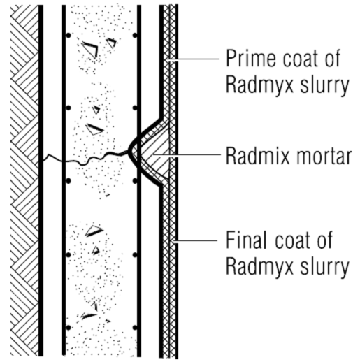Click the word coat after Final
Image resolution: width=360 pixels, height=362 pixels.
pyautogui.click(x=293, y=240)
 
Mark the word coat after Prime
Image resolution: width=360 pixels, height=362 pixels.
pyautogui.click(x=301, y=59)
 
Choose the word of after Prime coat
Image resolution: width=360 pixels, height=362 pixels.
pyautogui.click(x=332, y=58)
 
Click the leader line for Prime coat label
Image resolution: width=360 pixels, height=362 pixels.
pyautogui.click(x=193, y=59)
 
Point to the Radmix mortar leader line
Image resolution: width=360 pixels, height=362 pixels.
pyautogui.click(x=187, y=154)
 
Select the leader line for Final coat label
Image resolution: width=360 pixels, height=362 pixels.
pyautogui.click(x=196, y=240)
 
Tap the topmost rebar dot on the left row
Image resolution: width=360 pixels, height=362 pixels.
pyautogui.click(x=69, y=36)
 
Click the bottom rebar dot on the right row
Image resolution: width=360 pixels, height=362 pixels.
pyautogui.click(x=135, y=328)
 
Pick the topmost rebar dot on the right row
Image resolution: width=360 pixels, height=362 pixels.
pyautogui.click(x=135, y=36)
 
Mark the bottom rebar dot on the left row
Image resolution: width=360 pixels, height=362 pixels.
pyautogui.click(x=69, y=328)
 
